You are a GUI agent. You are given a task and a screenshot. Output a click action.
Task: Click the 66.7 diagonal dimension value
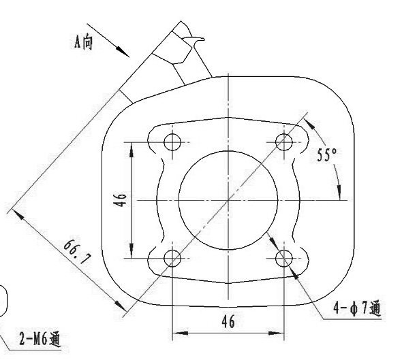click(x=77, y=252)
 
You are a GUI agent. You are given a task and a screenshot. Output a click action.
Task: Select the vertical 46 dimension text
click(x=121, y=199)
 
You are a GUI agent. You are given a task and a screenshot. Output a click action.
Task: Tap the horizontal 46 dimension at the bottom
click(x=228, y=321)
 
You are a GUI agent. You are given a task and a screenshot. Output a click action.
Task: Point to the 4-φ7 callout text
click(x=357, y=308)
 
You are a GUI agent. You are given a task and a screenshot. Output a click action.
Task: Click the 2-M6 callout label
click(x=40, y=340)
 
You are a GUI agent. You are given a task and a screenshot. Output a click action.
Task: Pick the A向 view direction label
click(x=83, y=42)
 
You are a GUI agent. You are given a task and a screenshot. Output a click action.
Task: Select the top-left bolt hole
click(x=172, y=142)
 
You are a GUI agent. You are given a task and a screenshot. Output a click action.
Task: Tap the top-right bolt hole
click(x=284, y=142)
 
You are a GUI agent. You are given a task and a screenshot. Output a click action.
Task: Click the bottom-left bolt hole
click(x=172, y=258)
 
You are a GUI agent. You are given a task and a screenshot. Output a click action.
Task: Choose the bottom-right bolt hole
click(x=284, y=258)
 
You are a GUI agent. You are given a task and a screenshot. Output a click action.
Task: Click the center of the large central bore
click(x=228, y=200)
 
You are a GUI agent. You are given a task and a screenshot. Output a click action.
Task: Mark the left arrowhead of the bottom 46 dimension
click(x=180, y=333)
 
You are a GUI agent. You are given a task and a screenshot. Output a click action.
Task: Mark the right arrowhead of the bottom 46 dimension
click(x=277, y=333)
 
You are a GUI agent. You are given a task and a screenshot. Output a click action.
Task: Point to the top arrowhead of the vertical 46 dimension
click(x=132, y=150)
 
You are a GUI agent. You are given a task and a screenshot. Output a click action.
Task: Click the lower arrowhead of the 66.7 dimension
click(x=121, y=306)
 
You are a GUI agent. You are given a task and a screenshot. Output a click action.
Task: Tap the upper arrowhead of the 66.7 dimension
click(x=18, y=214)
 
